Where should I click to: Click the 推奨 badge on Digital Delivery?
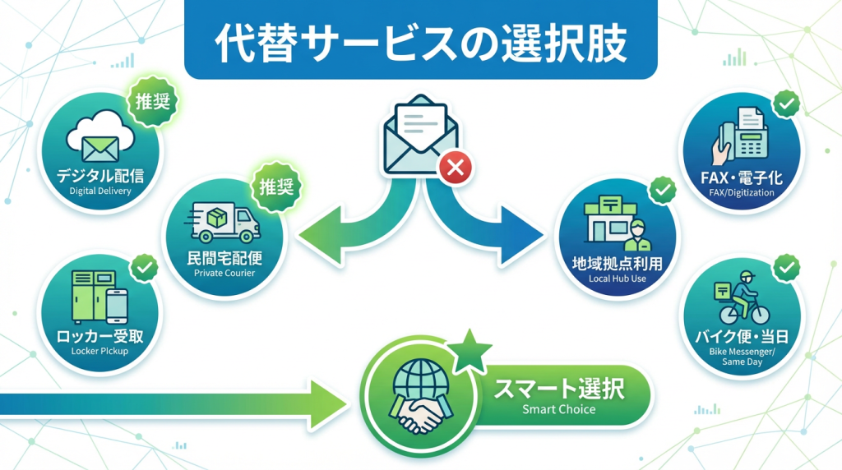coord(153,104)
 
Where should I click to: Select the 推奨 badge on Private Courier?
coord(276,186)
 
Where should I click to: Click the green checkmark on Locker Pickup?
coord(146,267)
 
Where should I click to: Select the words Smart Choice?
coord(558,409)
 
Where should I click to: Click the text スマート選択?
coord(558,387)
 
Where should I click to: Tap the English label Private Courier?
coord(224,273)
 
